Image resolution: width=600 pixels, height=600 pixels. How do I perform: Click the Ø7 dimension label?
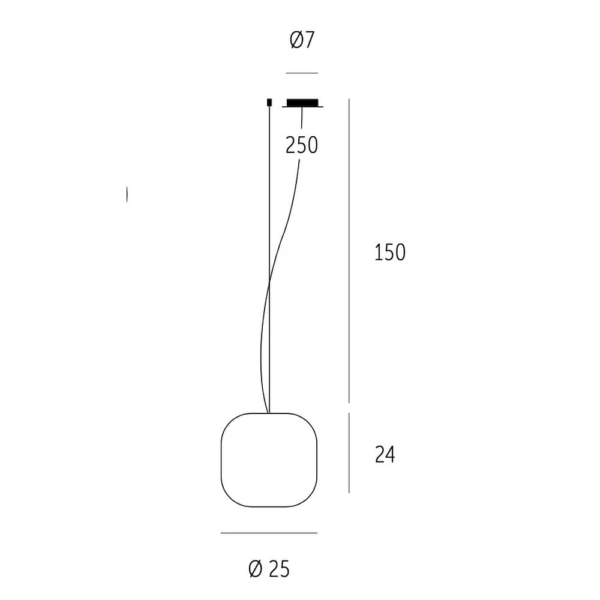[x=302, y=40]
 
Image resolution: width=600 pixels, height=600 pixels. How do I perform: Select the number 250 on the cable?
[x=302, y=145]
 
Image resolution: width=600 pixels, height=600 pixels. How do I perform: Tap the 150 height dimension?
[x=390, y=252]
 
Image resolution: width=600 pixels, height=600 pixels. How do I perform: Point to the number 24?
[x=385, y=455]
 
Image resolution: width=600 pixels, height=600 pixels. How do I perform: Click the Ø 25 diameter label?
[x=269, y=569]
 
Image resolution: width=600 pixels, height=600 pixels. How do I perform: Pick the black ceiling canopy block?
[x=302, y=102]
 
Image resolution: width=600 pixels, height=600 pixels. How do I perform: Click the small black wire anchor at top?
[x=269, y=102]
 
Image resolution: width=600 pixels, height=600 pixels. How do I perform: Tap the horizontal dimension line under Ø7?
[x=302, y=73]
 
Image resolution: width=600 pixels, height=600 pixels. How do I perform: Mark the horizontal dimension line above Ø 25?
[x=269, y=533]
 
